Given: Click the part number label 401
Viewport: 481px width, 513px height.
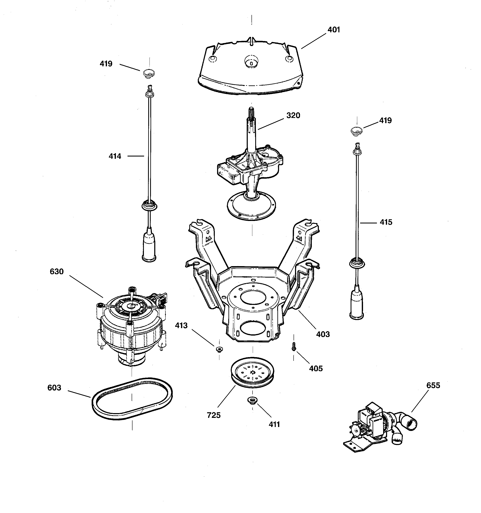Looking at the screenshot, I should (x=334, y=30).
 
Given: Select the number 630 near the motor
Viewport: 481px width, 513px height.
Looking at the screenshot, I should (x=57, y=272).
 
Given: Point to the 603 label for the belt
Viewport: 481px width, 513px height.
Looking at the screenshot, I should (x=54, y=388).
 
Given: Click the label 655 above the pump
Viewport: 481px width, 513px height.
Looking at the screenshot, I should (x=433, y=385).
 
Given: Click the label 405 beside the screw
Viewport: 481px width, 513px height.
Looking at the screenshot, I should (x=316, y=369).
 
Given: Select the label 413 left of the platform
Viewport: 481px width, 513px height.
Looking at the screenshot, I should (x=181, y=326).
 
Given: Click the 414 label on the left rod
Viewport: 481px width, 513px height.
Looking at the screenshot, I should (x=115, y=156).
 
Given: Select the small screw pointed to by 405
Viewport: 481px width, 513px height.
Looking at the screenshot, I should (x=293, y=347).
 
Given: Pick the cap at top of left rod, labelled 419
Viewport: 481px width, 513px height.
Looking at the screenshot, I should (x=149, y=74).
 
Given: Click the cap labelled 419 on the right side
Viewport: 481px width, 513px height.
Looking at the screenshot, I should (x=357, y=131).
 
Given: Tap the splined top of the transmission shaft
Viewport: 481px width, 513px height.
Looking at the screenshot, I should (x=251, y=114).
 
